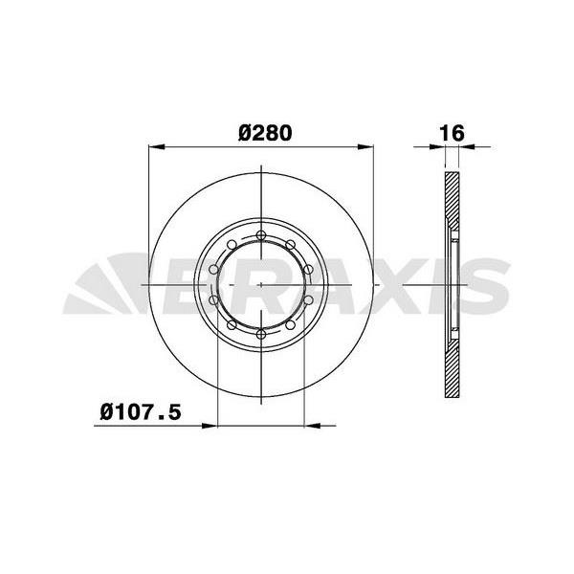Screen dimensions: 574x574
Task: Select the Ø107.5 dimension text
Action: [x=141, y=412]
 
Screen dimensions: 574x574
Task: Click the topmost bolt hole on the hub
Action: [x=261, y=236]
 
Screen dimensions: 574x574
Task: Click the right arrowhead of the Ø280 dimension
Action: [x=366, y=147]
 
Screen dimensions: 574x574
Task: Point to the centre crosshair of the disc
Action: [x=261, y=285]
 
